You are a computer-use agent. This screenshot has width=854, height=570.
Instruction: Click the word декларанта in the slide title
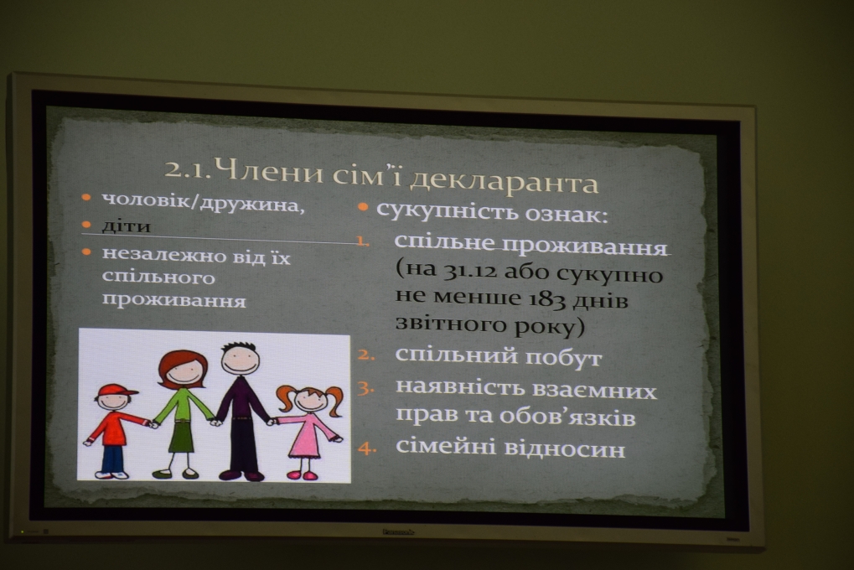504,181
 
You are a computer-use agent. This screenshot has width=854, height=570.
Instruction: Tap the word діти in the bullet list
126,225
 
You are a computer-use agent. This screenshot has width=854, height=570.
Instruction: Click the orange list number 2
366,355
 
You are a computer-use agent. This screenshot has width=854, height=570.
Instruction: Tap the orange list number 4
366,449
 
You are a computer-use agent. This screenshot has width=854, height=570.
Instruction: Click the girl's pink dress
308,434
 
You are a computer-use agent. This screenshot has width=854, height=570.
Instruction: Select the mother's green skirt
182,436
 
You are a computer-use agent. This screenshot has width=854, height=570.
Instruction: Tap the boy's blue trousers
113,459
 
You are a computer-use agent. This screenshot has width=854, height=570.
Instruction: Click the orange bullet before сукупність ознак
363,208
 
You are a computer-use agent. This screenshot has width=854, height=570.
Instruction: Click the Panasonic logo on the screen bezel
398,531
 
